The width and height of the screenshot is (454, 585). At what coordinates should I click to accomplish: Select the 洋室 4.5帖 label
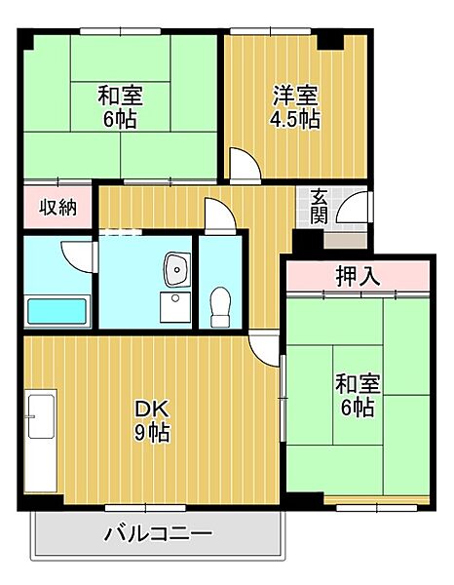(x=295, y=107)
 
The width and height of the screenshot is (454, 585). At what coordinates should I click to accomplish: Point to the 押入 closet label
(x=358, y=275)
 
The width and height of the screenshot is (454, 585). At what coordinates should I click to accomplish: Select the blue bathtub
(x=57, y=312)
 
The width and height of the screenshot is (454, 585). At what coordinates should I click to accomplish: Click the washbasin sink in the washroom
(x=175, y=266)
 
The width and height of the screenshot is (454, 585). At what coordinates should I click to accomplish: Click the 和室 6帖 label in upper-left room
(x=120, y=108)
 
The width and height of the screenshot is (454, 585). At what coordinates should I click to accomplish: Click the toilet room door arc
(x=218, y=214)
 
